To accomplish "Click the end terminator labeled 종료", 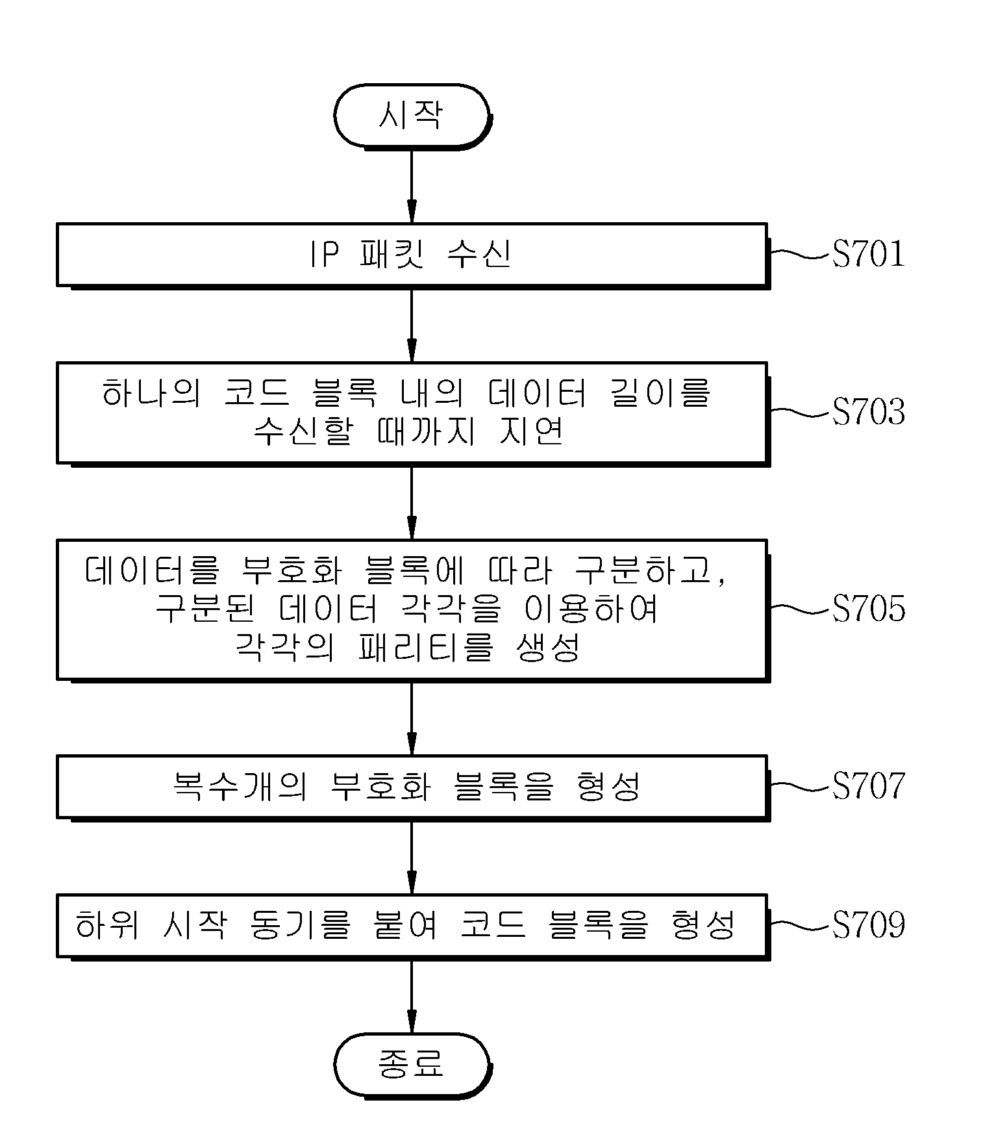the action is coord(412,1064).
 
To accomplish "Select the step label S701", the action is coord(868,254).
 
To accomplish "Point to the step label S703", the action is coord(868,412).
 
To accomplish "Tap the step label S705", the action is coord(868,609).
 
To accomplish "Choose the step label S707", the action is coord(868,786).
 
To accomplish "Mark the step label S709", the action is coord(868,925).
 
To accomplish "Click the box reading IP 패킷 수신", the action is coord(412,255).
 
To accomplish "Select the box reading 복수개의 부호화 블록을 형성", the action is coord(412,787).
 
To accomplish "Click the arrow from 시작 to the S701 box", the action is coord(412,186).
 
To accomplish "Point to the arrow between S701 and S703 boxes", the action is coord(412,324).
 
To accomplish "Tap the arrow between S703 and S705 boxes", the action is coord(412,502).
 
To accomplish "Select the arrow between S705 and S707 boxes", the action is coord(412,718).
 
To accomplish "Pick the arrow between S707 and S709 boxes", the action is coord(412,858).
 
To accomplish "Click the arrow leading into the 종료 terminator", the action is coord(412,996).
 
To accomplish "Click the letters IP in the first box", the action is coord(323,255).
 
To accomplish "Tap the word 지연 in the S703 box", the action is coord(530,431).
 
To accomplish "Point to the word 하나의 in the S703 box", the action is coord(151,393).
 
